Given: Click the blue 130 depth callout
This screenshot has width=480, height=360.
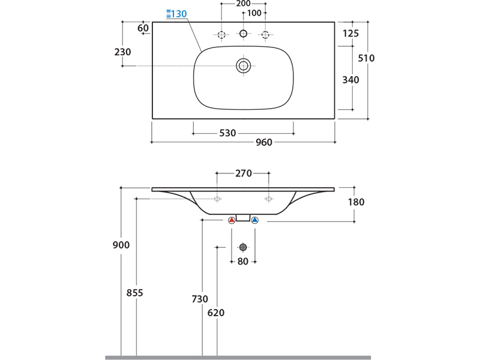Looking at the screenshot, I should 176,14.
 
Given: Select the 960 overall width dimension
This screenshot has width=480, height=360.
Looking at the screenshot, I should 264,142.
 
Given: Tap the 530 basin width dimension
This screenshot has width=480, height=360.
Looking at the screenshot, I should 227,133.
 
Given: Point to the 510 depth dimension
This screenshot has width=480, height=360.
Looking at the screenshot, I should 366,58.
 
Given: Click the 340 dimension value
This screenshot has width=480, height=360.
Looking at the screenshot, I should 350,80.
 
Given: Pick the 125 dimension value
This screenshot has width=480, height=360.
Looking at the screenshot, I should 350,34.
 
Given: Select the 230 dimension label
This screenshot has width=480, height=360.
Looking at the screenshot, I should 122,52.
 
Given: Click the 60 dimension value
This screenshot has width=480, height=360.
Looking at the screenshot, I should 143,28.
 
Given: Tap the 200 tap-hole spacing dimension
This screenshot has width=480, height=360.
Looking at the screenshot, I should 243,4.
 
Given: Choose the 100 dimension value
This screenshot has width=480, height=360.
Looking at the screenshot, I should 254,13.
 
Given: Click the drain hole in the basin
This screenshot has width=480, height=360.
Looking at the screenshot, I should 243,65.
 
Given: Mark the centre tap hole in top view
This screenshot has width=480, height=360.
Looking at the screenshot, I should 244,34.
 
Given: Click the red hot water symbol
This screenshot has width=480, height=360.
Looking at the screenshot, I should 232,221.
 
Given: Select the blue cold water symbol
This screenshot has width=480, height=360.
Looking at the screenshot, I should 254,221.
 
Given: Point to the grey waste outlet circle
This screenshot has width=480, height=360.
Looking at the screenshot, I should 243,247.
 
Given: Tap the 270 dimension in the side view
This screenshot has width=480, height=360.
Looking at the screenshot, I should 243,173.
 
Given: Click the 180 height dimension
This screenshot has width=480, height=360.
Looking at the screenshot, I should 356,202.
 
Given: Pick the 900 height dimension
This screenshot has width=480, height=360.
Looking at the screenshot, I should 121,245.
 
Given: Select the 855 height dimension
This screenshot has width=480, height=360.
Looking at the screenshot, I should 135,293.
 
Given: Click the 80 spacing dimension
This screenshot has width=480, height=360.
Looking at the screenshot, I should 243,261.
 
